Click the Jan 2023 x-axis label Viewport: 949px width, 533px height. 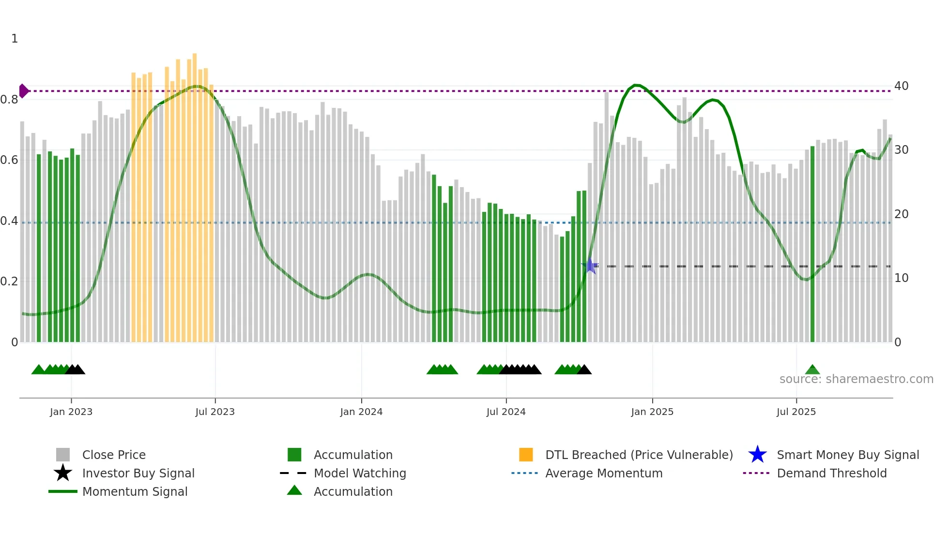pyautogui.click(x=71, y=412)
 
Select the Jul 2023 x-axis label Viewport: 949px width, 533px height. pyautogui.click(x=215, y=412)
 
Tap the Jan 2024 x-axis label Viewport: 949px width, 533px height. pyautogui.click(x=361, y=412)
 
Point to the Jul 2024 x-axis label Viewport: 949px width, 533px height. pyautogui.click(x=506, y=412)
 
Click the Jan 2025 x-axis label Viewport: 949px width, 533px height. pyautogui.click(x=652, y=412)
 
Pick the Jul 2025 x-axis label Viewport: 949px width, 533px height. pyautogui.click(x=796, y=412)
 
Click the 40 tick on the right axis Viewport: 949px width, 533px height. pyautogui.click(x=901, y=86)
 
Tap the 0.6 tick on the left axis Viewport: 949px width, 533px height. pyautogui.click(x=9, y=160)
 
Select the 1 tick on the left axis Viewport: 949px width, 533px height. pyautogui.click(x=15, y=39)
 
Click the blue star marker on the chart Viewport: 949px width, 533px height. pyautogui.click(x=590, y=266)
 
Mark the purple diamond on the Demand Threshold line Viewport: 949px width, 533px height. pyautogui.click(x=23, y=91)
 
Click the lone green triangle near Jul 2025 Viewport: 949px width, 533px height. pyautogui.click(x=812, y=370)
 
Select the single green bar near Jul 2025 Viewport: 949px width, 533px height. pyautogui.click(x=812, y=244)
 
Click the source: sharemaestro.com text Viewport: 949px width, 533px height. pyautogui.click(x=856, y=379)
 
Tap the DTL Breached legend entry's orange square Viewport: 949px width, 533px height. pyautogui.click(x=526, y=455)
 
